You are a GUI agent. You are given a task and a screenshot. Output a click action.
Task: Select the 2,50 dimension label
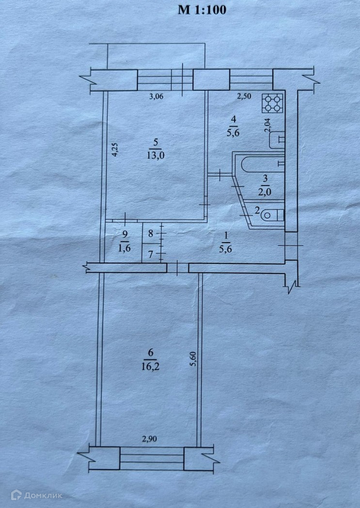coord(244,96)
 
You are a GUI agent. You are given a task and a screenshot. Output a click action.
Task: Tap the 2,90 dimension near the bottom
coord(150,439)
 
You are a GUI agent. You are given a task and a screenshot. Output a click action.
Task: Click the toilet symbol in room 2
coord(272,215)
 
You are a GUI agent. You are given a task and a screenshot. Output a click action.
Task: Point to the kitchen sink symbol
coord(277,140)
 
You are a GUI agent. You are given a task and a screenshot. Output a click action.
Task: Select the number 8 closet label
coord(151,233)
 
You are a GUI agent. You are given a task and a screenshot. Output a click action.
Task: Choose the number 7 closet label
coord(151,253)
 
